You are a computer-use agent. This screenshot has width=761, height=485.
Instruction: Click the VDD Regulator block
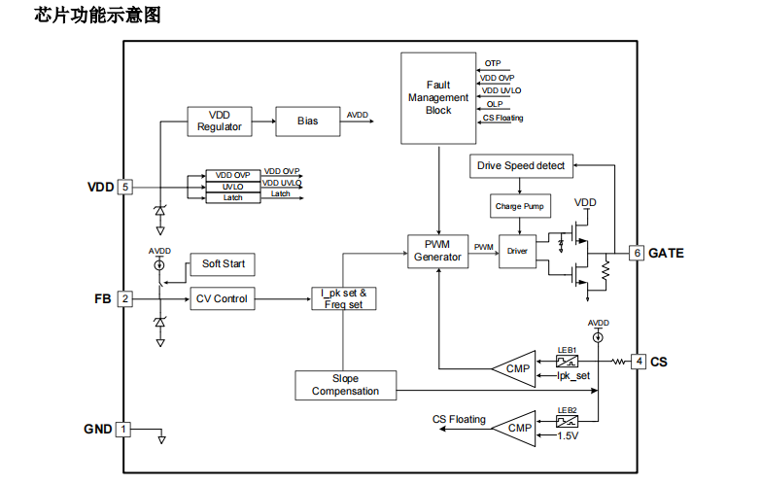click(x=219, y=121)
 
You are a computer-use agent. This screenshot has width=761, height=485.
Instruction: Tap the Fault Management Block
click(x=438, y=98)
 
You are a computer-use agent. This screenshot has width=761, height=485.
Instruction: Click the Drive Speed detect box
click(x=521, y=165)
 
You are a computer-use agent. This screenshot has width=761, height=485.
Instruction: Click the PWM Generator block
click(x=437, y=250)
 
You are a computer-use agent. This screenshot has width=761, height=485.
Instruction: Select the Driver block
click(x=517, y=251)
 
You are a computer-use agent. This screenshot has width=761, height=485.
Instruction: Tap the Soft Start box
click(x=224, y=263)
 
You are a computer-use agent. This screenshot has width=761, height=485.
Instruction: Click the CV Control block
click(x=221, y=299)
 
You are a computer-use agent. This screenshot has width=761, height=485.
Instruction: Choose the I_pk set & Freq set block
click(x=343, y=298)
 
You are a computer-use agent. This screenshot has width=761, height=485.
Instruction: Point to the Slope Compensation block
click(x=345, y=385)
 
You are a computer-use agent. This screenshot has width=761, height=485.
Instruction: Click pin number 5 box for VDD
click(x=124, y=187)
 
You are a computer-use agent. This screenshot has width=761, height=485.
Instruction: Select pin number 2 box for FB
click(x=124, y=299)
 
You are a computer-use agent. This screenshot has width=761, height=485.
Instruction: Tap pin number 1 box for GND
click(x=123, y=429)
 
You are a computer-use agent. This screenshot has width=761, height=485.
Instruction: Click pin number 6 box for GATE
click(x=638, y=253)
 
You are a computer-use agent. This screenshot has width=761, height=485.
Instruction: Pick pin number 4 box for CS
click(x=639, y=362)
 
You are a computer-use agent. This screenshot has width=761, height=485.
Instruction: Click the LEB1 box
click(x=567, y=362)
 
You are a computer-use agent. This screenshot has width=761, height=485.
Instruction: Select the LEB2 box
click(x=567, y=422)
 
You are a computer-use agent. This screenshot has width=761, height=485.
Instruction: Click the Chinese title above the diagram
click(x=97, y=16)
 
